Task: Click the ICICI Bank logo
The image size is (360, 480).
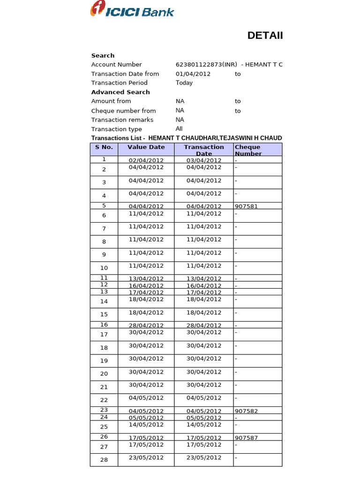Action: point(132,10)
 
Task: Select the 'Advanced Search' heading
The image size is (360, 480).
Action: point(120,92)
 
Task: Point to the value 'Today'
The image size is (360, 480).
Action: point(184,83)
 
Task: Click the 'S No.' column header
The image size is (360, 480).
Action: point(104,147)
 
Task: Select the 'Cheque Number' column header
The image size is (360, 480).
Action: point(248,150)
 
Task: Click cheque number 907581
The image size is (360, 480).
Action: point(247,206)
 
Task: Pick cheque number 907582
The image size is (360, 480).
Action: point(247,411)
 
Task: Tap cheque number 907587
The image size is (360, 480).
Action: point(247,438)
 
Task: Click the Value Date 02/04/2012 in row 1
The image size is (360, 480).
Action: point(146,160)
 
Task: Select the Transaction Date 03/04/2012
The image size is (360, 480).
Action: point(204,160)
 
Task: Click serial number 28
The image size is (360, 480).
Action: point(104,460)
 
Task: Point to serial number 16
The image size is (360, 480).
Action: point(104,325)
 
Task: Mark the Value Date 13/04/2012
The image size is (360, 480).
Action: point(146,279)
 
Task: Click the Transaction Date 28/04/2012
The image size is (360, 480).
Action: point(204,325)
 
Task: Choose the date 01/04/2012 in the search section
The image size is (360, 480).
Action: point(193,74)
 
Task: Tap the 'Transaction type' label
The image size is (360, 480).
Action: point(116,129)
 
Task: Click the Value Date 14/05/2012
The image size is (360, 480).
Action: point(146,425)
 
